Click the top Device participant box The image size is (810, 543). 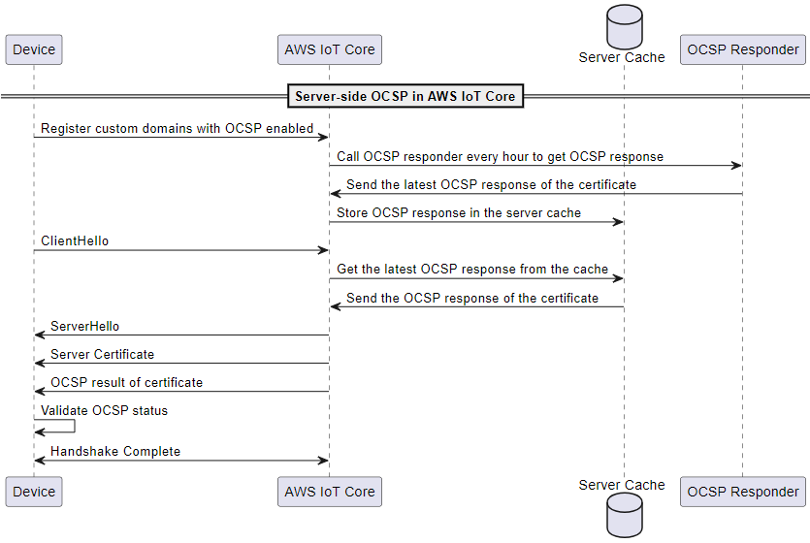pos(33,49)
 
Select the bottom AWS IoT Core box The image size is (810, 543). pos(329,492)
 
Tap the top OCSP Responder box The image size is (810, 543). pos(742,49)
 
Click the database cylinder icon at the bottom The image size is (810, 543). pos(624,516)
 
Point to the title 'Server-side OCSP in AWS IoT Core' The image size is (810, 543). pos(405,96)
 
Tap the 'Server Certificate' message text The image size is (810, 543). pos(102,354)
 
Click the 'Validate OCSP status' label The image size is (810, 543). pos(104,410)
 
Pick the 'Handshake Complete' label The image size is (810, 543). pos(115,451)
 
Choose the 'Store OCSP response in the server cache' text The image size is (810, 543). pos(459,212)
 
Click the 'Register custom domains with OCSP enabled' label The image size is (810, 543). pos(177,128)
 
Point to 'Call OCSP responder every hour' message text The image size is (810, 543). pos(500,156)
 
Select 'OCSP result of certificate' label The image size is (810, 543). pos(126,382)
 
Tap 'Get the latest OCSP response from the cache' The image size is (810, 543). pos(472,269)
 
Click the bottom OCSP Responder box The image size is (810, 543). pos(742,492)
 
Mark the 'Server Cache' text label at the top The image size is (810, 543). pos(622,57)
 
